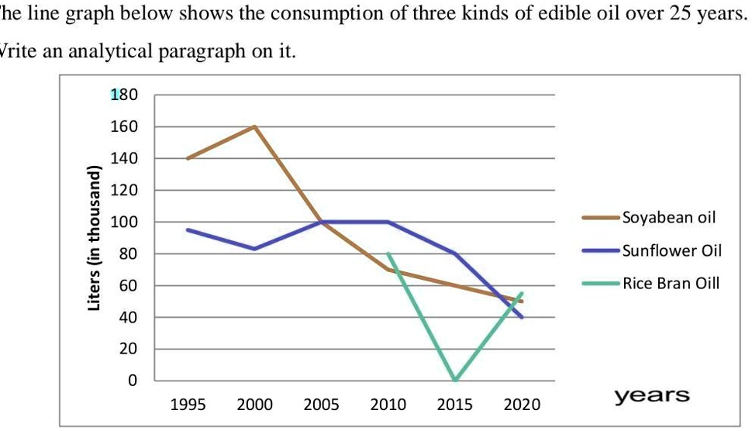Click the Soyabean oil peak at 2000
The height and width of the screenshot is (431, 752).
coord(254,126)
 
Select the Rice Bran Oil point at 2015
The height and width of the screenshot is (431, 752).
coord(455,380)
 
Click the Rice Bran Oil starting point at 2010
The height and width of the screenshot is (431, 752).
coord(388,253)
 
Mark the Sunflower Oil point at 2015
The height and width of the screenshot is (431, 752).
coord(455,253)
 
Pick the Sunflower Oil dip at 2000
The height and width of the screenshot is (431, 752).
coord(254,249)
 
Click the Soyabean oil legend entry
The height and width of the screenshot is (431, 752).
coord(668,217)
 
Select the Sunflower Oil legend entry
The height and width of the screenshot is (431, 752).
coord(671,250)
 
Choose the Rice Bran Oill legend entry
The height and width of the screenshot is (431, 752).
coord(671,283)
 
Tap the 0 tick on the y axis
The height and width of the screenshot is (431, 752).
coord(132,381)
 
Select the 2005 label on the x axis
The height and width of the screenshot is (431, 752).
coord(322,405)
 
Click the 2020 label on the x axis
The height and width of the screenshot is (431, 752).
coord(523,405)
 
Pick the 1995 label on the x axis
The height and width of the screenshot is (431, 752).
coord(188,405)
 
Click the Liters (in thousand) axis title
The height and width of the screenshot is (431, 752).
coord(95,239)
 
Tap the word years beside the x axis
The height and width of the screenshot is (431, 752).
coord(652,396)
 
